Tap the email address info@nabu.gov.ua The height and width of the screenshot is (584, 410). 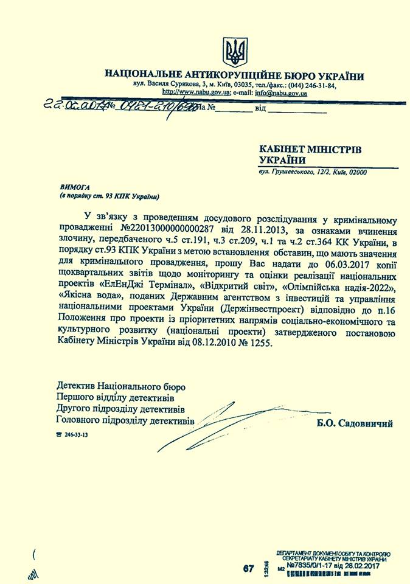[x=280, y=93]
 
